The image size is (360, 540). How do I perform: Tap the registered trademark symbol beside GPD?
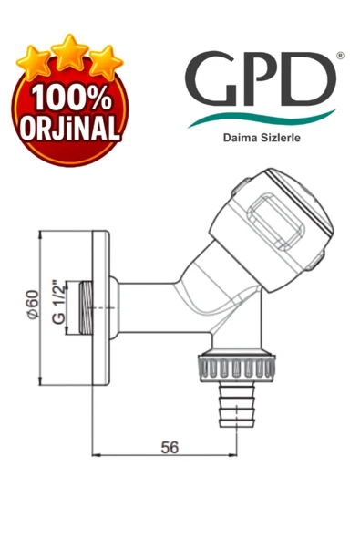[340, 55]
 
